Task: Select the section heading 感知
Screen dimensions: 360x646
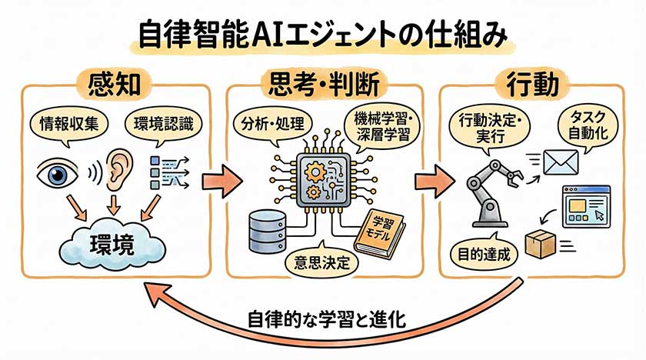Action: point(114,83)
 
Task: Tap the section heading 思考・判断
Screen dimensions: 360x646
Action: point(324,83)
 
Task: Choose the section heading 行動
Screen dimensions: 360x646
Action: point(531,83)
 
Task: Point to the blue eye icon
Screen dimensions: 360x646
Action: point(58,174)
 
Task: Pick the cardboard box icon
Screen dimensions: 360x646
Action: point(539,245)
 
